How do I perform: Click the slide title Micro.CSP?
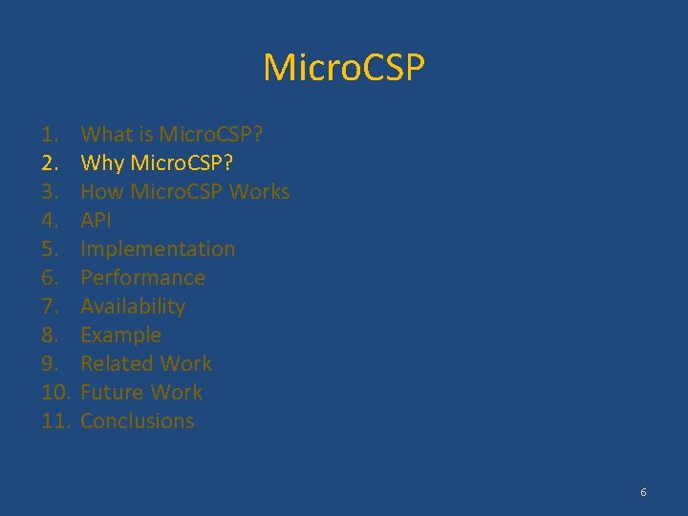tap(344, 68)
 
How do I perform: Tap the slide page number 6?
tap(643, 492)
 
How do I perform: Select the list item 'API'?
tap(96, 221)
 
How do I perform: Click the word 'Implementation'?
tap(158, 249)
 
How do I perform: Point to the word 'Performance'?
tap(142, 278)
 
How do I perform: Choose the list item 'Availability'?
tap(133, 307)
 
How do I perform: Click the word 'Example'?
tap(120, 335)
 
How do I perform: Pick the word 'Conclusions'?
tap(137, 421)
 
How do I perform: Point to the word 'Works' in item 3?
tap(259, 192)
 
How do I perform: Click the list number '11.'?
tap(56, 421)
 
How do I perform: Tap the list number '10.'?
tap(56, 393)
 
